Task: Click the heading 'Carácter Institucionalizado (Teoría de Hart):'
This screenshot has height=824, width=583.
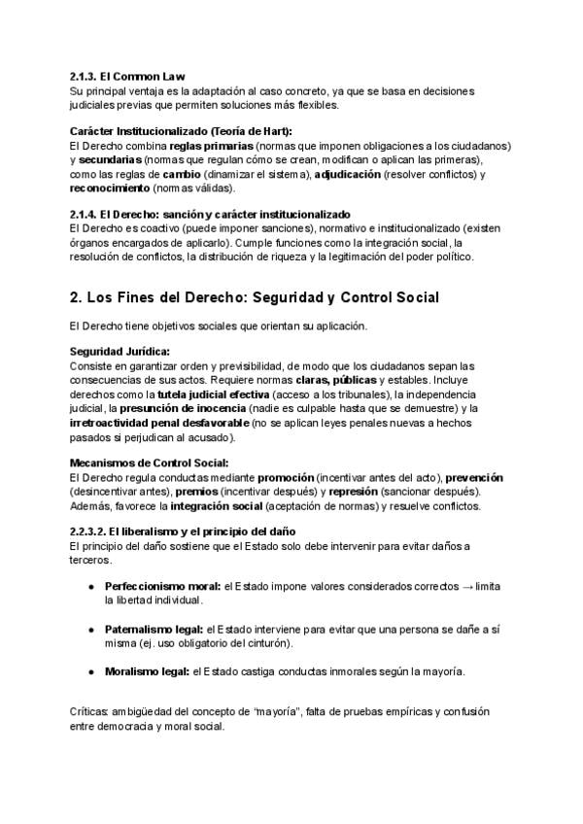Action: pyautogui.click(x=181, y=130)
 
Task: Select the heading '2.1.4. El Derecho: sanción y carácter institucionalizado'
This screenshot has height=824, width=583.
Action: pyautogui.click(x=211, y=214)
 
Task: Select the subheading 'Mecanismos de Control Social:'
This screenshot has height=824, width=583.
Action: pyautogui.click(x=150, y=463)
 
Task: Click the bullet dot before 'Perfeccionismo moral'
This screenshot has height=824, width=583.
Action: pyautogui.click(x=90, y=588)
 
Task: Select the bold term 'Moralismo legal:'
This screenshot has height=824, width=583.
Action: pyautogui.click(x=148, y=671)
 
